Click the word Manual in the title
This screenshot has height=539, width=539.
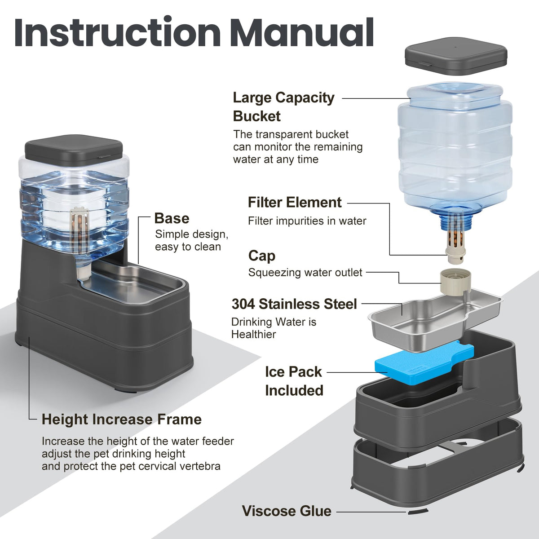(x=302, y=32)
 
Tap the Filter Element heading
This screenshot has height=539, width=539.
(x=295, y=202)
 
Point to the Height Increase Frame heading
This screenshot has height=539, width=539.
(x=122, y=420)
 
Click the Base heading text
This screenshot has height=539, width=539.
(x=172, y=218)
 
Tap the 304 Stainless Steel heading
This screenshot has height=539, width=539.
(x=294, y=304)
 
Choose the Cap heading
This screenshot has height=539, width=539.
(x=262, y=256)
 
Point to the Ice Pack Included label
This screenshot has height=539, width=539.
(x=294, y=381)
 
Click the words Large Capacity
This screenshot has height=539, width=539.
(x=283, y=98)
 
